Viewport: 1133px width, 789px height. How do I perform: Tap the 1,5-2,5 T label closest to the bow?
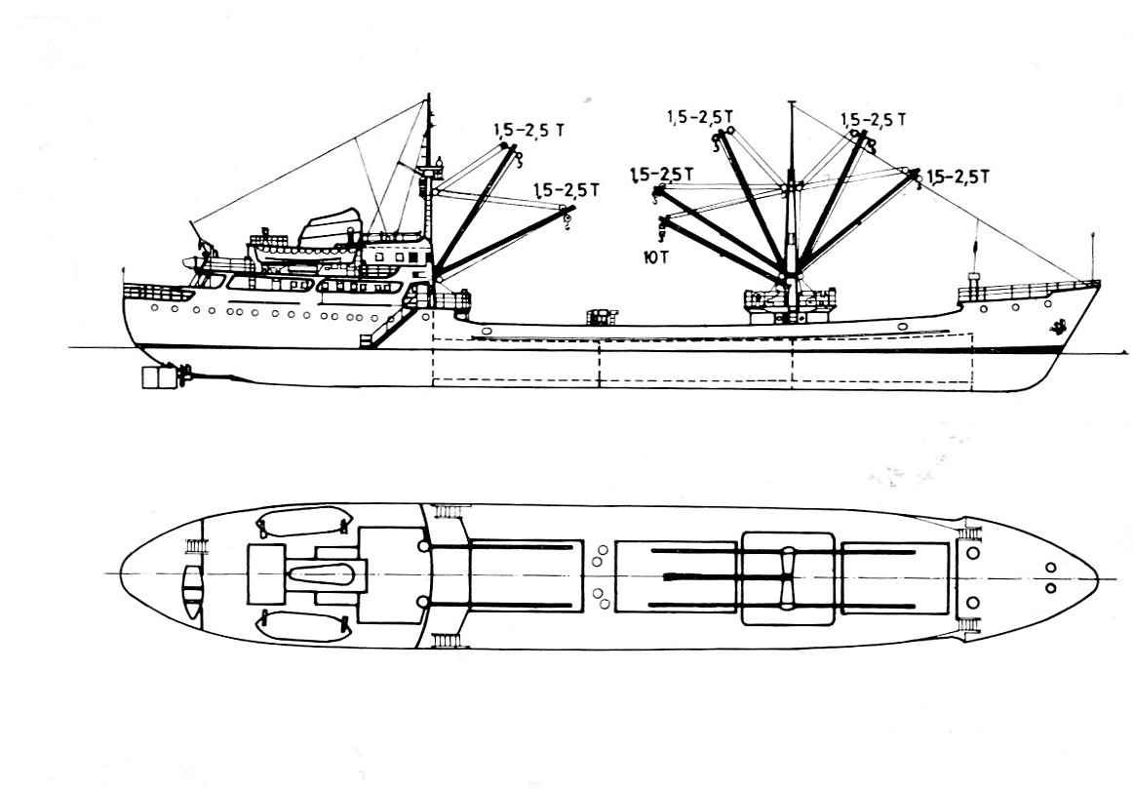957,177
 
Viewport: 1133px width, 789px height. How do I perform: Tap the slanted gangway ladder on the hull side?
379,326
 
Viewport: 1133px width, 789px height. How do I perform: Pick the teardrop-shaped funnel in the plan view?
323,574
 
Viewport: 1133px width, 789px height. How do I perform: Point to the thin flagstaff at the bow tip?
1092,256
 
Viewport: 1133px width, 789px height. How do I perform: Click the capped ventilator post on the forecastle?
972,263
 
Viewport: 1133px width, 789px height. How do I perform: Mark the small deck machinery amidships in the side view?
602,317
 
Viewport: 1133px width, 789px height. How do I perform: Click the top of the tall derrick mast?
793,101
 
